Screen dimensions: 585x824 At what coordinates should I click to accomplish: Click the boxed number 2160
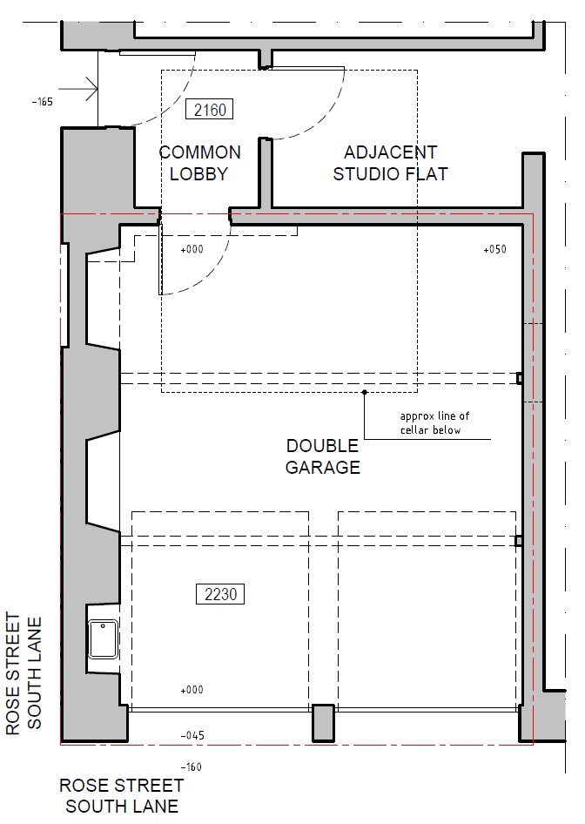[210, 110]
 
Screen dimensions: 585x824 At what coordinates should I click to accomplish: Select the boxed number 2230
[220, 594]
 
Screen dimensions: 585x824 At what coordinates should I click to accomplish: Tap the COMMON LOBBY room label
[199, 163]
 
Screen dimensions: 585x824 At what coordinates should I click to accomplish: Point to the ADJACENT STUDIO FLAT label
[390, 163]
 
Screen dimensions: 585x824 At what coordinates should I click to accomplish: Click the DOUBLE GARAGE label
[322, 456]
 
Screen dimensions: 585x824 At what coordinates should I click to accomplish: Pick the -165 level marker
[42, 102]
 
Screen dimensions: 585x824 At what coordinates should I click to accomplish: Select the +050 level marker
[494, 249]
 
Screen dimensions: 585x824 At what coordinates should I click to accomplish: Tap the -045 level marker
[192, 735]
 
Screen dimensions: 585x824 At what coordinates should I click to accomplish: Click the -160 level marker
[192, 767]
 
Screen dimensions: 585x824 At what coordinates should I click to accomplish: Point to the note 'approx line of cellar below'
[434, 423]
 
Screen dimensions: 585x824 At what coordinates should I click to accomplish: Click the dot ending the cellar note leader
[365, 392]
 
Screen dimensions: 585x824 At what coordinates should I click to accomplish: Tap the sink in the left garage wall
[103, 638]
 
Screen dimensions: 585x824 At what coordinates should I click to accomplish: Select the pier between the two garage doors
[323, 723]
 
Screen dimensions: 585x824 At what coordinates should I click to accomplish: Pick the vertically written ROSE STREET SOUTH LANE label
[24, 673]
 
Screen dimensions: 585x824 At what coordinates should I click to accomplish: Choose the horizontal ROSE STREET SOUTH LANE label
[121, 795]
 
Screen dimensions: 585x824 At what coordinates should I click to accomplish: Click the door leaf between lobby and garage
[161, 259]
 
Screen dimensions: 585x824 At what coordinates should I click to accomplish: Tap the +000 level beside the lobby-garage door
[192, 249]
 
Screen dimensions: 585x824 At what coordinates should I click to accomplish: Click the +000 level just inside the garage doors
[192, 690]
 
